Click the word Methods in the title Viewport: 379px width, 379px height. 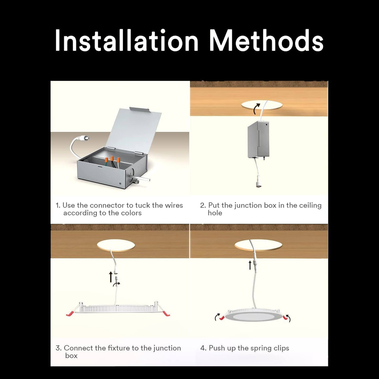click(x=267, y=40)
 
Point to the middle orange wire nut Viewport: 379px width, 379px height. click(x=112, y=159)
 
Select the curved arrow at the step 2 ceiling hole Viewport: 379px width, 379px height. click(x=257, y=109)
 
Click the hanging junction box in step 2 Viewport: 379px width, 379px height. click(x=258, y=140)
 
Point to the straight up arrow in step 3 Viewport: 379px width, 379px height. click(x=111, y=277)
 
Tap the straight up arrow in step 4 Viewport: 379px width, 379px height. click(x=250, y=265)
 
